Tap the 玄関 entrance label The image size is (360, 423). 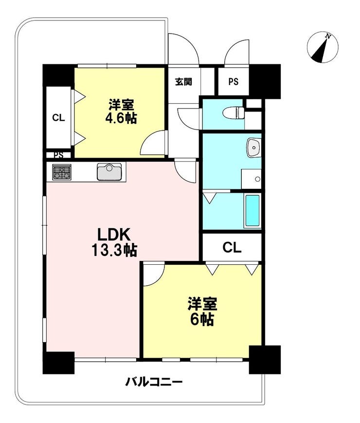click(x=183, y=81)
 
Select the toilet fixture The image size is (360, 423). click(x=234, y=112)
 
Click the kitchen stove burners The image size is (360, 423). click(x=62, y=172)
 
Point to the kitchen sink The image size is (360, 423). click(x=109, y=171)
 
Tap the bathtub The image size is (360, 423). click(x=252, y=211)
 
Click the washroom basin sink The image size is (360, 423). click(x=254, y=147)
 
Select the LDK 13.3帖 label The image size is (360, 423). click(x=114, y=242)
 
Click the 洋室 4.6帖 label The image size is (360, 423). click(x=121, y=111)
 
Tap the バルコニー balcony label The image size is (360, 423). click(x=154, y=382)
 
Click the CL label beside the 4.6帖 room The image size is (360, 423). click(x=58, y=118)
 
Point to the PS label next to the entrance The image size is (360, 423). click(x=234, y=81)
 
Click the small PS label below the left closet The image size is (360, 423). click(x=58, y=155)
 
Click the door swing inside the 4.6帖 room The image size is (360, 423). click(x=153, y=143)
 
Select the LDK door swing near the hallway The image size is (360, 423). click(x=185, y=171)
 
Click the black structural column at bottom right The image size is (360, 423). click(x=265, y=360)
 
